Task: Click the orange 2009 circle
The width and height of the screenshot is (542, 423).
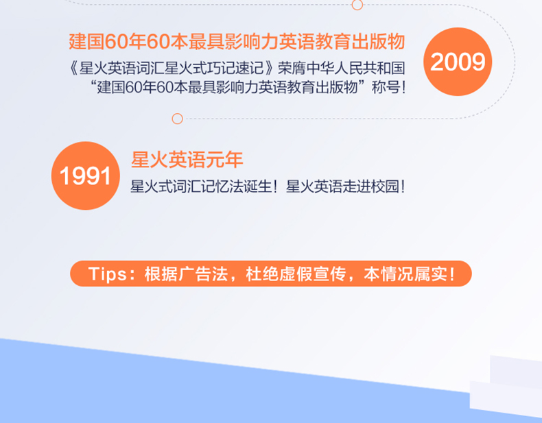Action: click(x=458, y=62)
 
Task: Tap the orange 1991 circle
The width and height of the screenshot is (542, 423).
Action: click(x=85, y=176)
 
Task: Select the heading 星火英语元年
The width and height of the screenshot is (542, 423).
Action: click(x=187, y=160)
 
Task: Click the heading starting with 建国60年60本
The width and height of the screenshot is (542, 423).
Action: click(x=236, y=42)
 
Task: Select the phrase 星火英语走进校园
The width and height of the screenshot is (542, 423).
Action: click(x=342, y=186)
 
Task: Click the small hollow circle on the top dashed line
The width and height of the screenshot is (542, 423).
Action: click(x=357, y=5)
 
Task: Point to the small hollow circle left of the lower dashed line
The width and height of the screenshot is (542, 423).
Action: click(x=177, y=119)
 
